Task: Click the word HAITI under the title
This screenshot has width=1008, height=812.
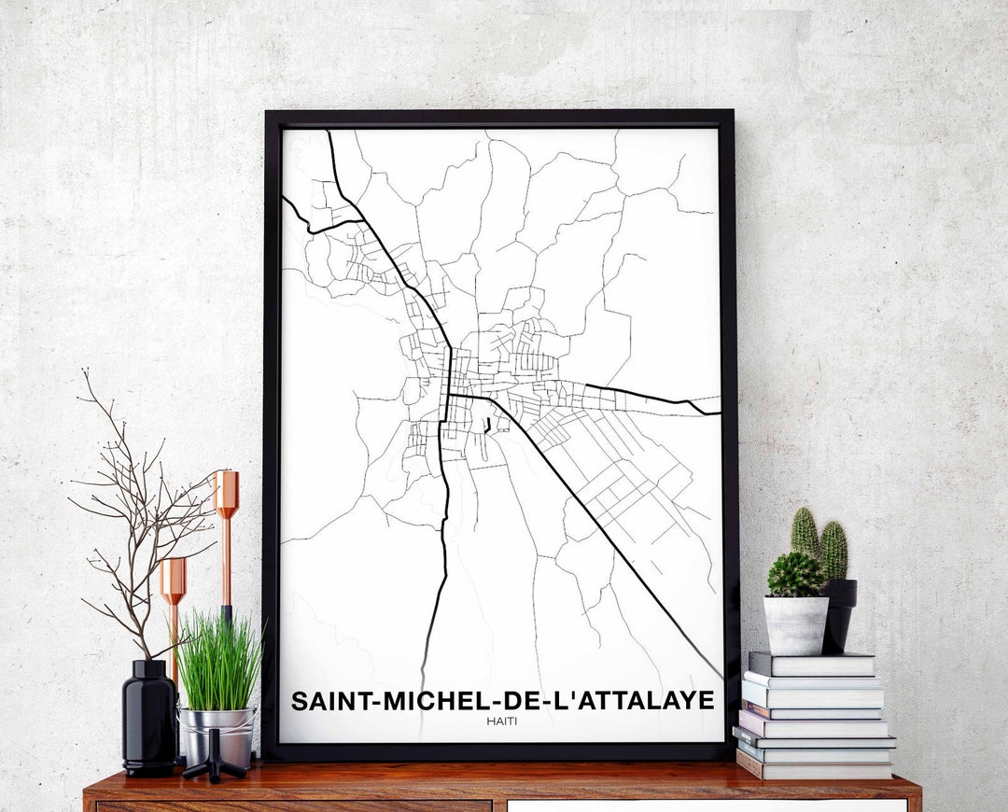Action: pyautogui.click(x=502, y=721)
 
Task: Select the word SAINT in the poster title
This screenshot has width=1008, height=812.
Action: pyautogui.click(x=328, y=701)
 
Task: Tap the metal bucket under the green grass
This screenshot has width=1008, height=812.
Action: pyautogui.click(x=217, y=733)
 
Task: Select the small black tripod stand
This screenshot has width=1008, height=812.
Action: pyautogui.click(x=215, y=758)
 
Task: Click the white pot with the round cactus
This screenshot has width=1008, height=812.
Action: pyautogui.click(x=796, y=624)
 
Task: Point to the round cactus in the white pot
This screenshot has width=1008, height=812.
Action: pyautogui.click(x=795, y=574)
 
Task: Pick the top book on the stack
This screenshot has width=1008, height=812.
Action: pyautogui.click(x=811, y=664)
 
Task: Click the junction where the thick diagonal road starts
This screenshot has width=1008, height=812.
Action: pyautogui.click(x=450, y=395)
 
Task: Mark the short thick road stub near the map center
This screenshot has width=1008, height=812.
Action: pyautogui.click(x=487, y=427)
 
